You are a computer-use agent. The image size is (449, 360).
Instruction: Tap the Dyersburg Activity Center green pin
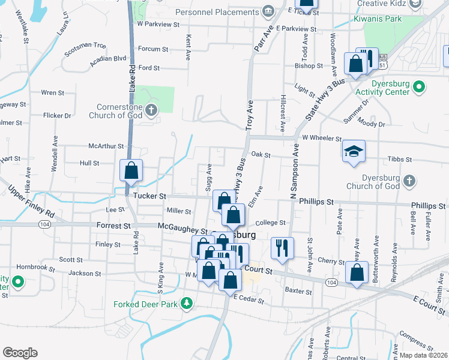[x=420, y=89]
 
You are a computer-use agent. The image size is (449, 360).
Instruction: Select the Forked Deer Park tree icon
[x=187, y=304]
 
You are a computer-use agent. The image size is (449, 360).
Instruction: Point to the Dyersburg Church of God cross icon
[x=408, y=181]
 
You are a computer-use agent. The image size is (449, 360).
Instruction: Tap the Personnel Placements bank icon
[x=268, y=11]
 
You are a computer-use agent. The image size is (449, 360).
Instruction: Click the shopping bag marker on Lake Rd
[x=131, y=170]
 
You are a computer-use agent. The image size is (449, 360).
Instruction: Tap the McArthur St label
[x=106, y=146]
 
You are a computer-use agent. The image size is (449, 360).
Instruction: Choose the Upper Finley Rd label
[x=31, y=201]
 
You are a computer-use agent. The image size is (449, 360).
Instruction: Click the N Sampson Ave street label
[x=294, y=175]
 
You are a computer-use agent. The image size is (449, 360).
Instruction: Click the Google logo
[x=20, y=353]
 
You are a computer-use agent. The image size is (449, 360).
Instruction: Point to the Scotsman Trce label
[x=85, y=45]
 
